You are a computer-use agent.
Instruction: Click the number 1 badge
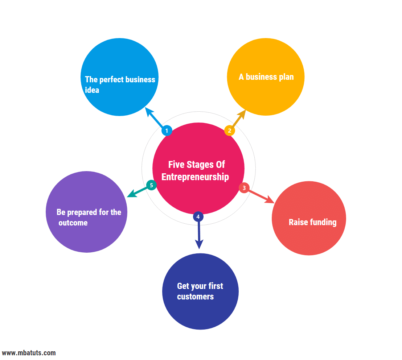[167, 131]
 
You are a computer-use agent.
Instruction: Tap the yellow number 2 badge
[229, 131]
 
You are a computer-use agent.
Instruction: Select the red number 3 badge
[244, 188]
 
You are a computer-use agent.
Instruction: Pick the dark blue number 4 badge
[198, 217]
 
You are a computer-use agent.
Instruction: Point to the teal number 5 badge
[151, 185]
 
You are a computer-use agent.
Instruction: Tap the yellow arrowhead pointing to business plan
[242, 113]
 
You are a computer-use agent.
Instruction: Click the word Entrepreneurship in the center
[195, 177]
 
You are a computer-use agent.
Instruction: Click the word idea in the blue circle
[92, 90]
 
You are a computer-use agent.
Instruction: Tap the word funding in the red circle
[322, 222]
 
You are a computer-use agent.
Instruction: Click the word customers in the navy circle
[195, 297]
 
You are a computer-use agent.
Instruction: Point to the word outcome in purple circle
[73, 223]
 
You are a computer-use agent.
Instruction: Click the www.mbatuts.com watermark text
[29, 353]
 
